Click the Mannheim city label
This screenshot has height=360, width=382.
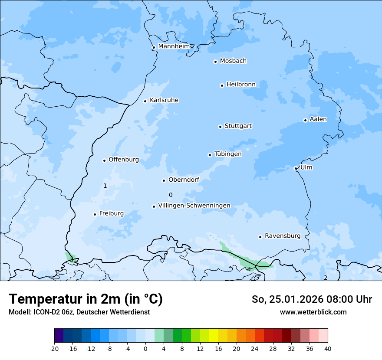click(174, 46)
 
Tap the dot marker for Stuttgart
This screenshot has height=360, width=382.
click(220, 127)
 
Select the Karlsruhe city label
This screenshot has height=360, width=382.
click(164, 100)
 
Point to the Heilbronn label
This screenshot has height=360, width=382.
click(241, 84)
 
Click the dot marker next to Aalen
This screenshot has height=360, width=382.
click(305, 120)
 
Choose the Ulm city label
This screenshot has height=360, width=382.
click(306, 167)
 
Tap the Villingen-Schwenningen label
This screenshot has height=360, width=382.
click(194, 206)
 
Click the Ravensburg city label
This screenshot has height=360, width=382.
click(283, 236)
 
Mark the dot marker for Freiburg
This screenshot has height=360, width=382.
click(95, 214)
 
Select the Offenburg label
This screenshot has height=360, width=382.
click(124, 160)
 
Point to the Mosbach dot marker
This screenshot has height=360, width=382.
click(215, 62)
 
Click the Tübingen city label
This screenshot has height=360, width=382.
click(228, 154)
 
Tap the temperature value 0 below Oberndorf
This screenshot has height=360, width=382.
click(171, 195)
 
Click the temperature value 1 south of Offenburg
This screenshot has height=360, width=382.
click(105, 186)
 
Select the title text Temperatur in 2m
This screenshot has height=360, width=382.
click(86, 299)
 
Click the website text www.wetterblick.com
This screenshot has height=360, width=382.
click(313, 312)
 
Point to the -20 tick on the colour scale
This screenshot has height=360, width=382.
click(54, 348)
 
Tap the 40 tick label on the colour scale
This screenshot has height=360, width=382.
click(327, 348)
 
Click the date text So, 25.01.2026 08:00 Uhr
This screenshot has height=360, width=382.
click(312, 299)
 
